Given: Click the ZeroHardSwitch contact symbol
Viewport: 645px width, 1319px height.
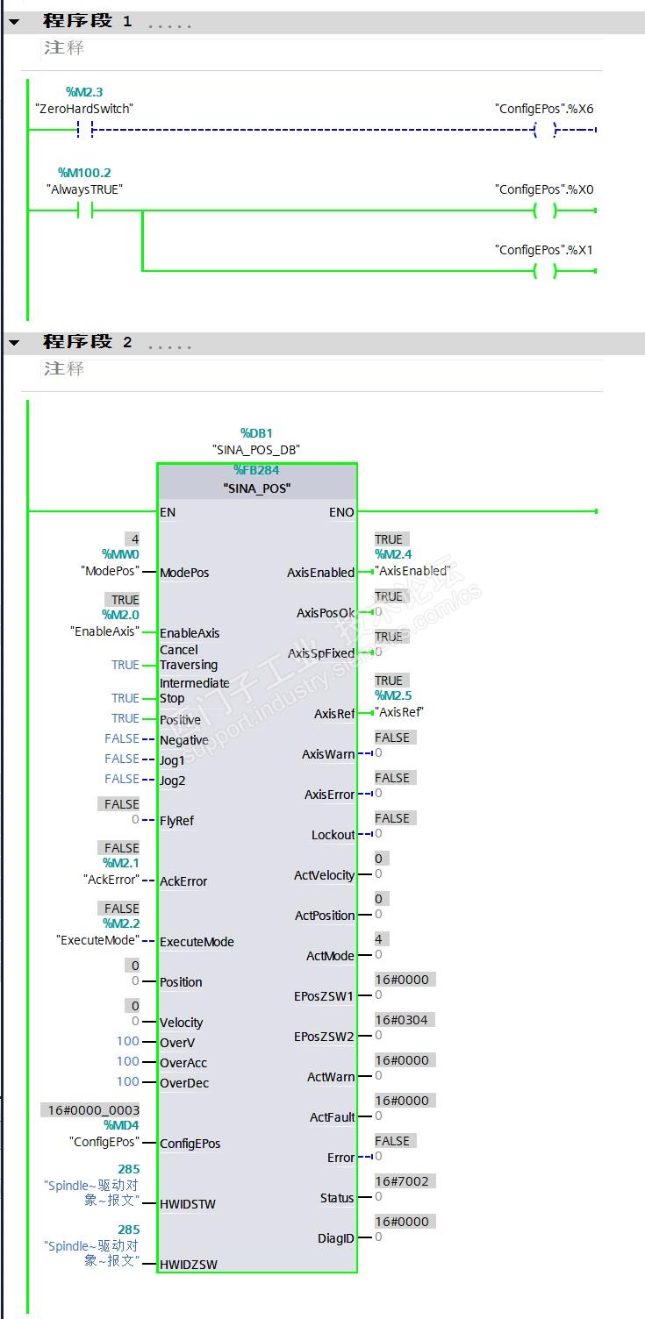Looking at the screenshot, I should click(85, 130).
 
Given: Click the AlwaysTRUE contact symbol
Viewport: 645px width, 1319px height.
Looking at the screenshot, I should click(85, 210).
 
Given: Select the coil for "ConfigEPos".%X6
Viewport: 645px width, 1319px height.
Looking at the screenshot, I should click(545, 130).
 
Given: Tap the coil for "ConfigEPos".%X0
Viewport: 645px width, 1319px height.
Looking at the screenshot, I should click(545, 210).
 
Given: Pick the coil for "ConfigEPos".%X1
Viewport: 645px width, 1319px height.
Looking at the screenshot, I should click(545, 271).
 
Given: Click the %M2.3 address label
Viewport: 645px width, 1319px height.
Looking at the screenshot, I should click(85, 92).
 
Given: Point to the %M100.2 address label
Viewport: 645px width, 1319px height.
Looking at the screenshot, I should click(84, 173).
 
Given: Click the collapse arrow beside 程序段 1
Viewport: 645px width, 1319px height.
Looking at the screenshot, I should click(14, 22).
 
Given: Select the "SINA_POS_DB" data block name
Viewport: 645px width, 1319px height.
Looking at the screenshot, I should click(256, 449).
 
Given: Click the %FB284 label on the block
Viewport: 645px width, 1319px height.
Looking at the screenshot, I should click(256, 471).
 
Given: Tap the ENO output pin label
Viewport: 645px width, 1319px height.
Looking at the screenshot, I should click(341, 512).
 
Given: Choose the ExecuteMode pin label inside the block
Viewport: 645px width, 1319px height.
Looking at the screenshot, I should click(197, 942).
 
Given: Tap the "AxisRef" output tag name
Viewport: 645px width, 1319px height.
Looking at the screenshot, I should click(400, 711).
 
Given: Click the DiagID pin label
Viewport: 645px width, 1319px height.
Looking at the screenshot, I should click(336, 1238).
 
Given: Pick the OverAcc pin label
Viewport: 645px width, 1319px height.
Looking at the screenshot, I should click(183, 1063).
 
